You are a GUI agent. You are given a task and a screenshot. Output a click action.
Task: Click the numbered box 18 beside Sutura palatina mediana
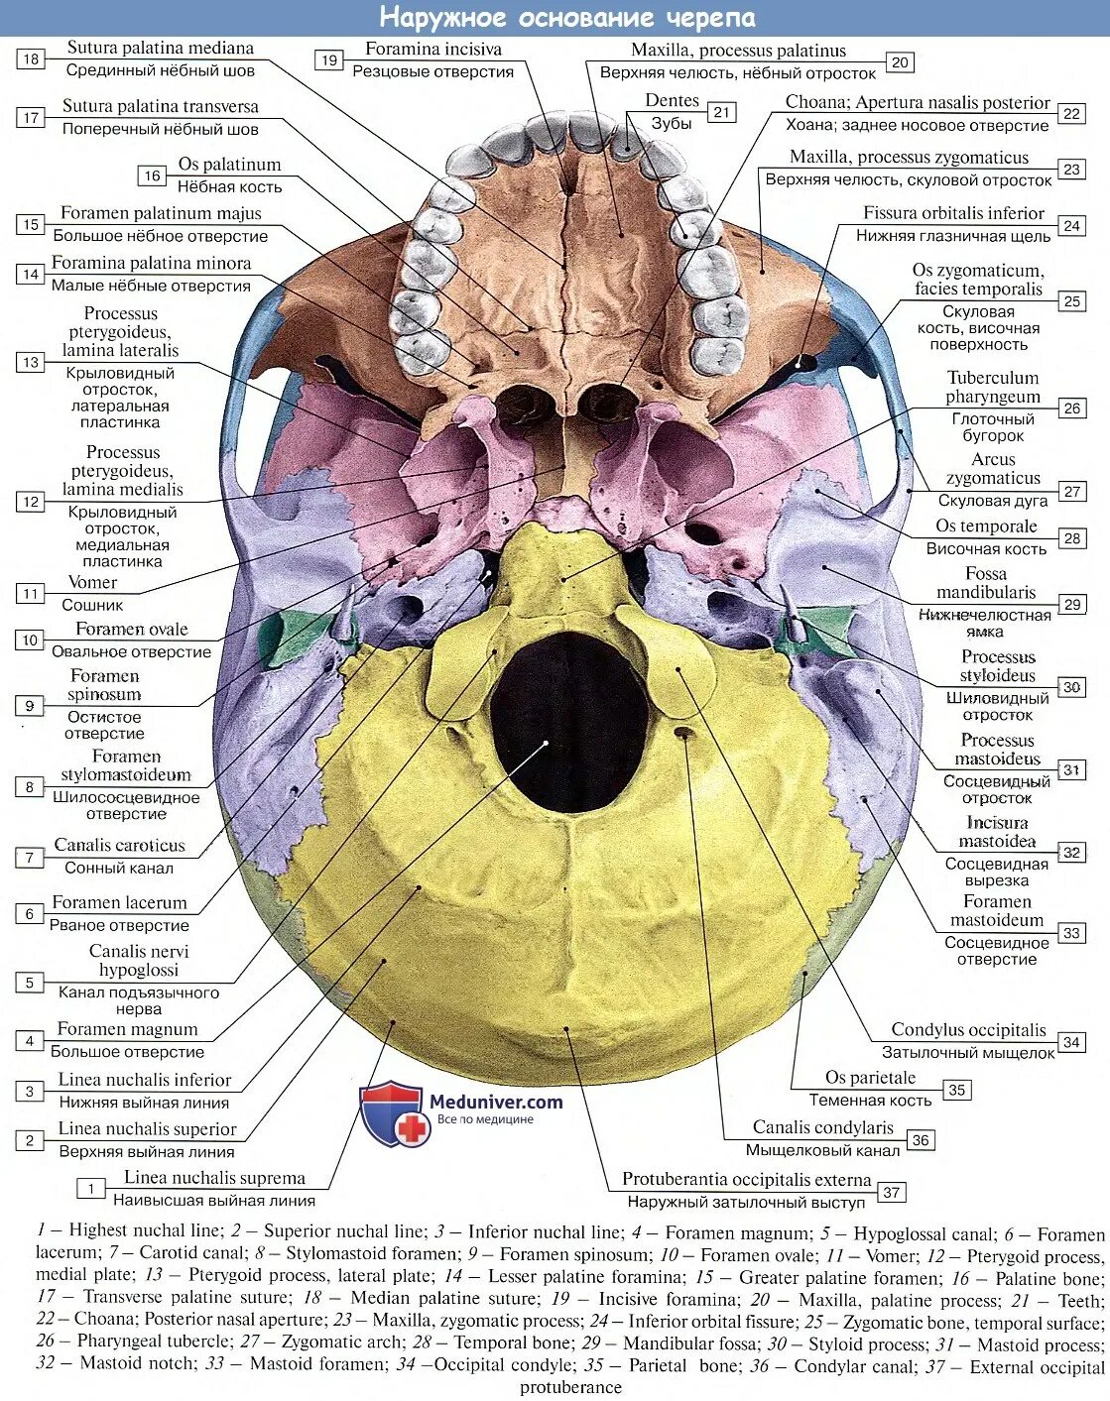point(31,58)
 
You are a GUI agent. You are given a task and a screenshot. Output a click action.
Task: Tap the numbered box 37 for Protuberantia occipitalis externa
point(891,1192)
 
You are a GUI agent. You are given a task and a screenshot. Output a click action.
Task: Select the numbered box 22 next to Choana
point(1071,113)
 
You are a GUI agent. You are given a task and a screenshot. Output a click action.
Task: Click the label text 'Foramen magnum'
point(127,1029)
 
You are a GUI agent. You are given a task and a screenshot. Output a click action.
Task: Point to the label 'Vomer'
point(92,582)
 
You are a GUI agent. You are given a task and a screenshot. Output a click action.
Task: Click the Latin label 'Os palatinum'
point(229,165)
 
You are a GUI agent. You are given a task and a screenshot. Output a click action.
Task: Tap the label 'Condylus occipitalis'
point(968,1030)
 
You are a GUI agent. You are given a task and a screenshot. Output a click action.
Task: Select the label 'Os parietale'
point(870,1078)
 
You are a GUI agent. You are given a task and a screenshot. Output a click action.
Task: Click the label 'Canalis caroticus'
point(119,846)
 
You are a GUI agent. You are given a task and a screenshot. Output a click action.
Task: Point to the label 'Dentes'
point(672,101)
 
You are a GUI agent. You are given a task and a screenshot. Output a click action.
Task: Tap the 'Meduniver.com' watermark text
point(496,1102)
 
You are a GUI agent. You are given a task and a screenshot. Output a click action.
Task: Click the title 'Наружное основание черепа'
point(567,18)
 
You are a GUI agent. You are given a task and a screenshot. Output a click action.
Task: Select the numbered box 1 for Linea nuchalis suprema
point(91,1188)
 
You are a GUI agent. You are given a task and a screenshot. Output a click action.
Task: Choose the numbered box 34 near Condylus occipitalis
point(1071,1041)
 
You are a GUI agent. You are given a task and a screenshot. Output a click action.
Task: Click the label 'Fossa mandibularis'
point(986,583)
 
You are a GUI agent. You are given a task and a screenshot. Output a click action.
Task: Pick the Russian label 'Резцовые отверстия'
point(432,71)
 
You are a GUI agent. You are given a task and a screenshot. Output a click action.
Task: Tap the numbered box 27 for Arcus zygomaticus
point(1071,491)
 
